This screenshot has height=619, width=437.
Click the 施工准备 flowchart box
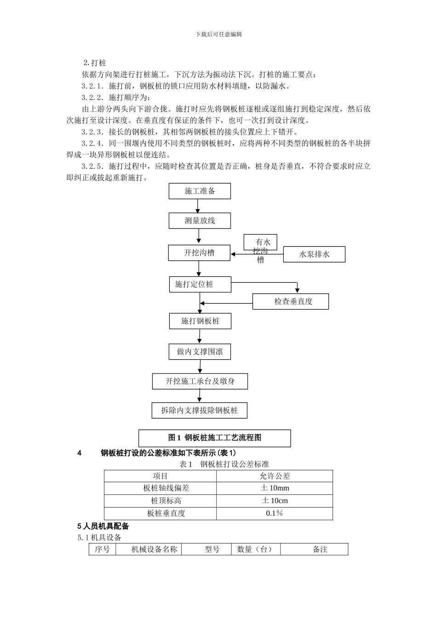pos(200,191)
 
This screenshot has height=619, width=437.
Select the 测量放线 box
pos(200,221)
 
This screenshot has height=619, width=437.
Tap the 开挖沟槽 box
pos(199,253)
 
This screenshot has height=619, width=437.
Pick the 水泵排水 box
pos(314,254)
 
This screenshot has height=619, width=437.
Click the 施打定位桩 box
pos(200,284)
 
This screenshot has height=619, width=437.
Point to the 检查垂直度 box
pos(291,301)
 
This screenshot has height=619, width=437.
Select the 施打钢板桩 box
pos(200,321)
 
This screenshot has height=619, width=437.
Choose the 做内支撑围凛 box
pos(200,352)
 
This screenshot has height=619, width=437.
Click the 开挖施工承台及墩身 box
pos(200,381)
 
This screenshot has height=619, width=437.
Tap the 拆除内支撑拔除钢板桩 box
pos(199,410)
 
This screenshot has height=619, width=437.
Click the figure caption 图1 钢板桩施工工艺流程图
pos(215,438)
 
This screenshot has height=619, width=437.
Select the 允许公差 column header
pos(275,476)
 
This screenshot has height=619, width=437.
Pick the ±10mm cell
pos(275,488)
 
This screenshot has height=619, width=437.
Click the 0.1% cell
pos(275,513)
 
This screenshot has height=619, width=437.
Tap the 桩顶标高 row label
pos(160,501)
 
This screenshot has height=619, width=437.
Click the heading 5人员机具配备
pos(103,526)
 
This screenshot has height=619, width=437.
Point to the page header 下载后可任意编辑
pos(218,34)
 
